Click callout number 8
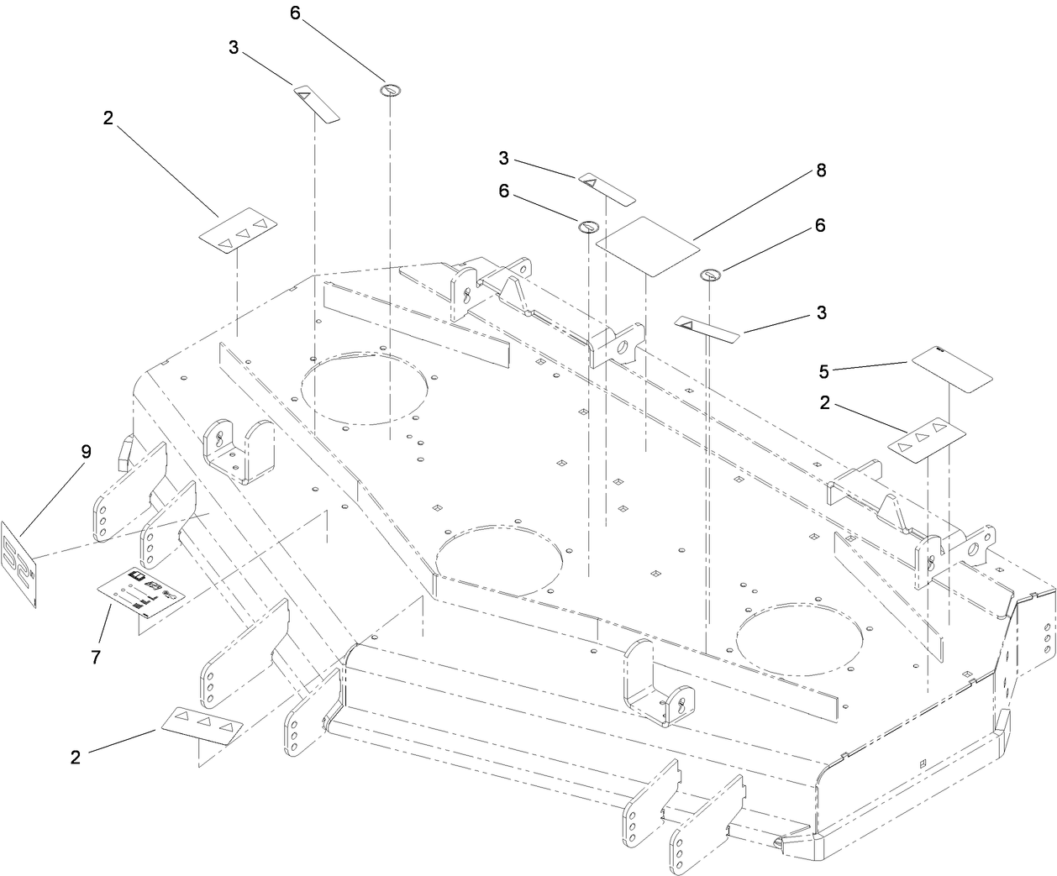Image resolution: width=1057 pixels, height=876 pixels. tap(820, 170)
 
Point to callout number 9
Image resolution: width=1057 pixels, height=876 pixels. tap(86, 451)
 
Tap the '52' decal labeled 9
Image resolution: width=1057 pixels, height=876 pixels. tap(20, 564)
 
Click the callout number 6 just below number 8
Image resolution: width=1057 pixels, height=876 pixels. tap(819, 225)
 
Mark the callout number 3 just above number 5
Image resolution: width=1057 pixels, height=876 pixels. tap(821, 312)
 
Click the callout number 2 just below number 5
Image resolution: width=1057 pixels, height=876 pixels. tap(825, 403)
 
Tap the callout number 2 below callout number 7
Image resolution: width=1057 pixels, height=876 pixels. tap(76, 757)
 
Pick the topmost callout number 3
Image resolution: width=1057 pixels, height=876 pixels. tap(234, 48)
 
